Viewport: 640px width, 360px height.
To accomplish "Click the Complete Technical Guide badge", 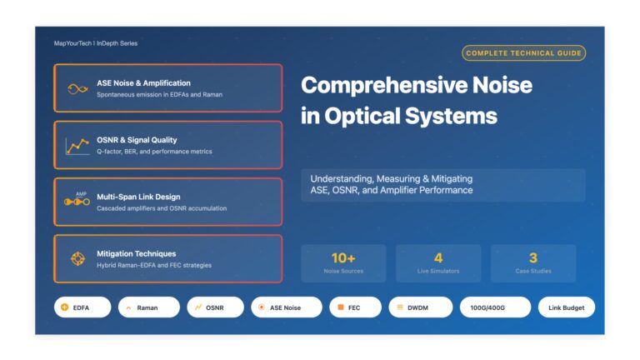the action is pos(523,53).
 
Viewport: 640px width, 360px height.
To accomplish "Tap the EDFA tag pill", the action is pos(82,307).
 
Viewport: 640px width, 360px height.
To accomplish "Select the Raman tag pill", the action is pos(149,307).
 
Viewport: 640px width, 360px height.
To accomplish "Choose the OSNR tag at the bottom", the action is pos(215,307).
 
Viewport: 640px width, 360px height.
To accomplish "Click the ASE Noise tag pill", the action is pos(287,307).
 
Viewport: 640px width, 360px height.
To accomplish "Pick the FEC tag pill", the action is pos(355,307).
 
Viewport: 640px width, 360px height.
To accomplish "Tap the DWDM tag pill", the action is pos(420,307).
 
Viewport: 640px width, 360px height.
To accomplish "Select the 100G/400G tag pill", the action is pos(495,307).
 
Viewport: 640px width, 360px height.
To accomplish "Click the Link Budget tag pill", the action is pos(567,307).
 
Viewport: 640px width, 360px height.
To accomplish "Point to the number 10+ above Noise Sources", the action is pos(343,258).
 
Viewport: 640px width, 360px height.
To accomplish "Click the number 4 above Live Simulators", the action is pos(438,258).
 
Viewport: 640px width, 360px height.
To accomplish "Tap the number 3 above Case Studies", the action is pos(533,258).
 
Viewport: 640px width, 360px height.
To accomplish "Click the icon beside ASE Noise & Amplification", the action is pos(77,88).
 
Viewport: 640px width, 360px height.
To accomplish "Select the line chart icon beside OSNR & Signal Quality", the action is pos(77,147).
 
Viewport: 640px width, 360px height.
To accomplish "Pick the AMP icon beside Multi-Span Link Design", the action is pos(77,199).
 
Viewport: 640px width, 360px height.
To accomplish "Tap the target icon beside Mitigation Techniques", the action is pos(77,259).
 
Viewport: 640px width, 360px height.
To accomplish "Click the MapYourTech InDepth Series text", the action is pos(96,43).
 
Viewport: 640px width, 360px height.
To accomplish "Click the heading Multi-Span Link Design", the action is pos(138,197).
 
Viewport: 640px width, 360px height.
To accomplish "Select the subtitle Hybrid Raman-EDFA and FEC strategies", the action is pos(154,265).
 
